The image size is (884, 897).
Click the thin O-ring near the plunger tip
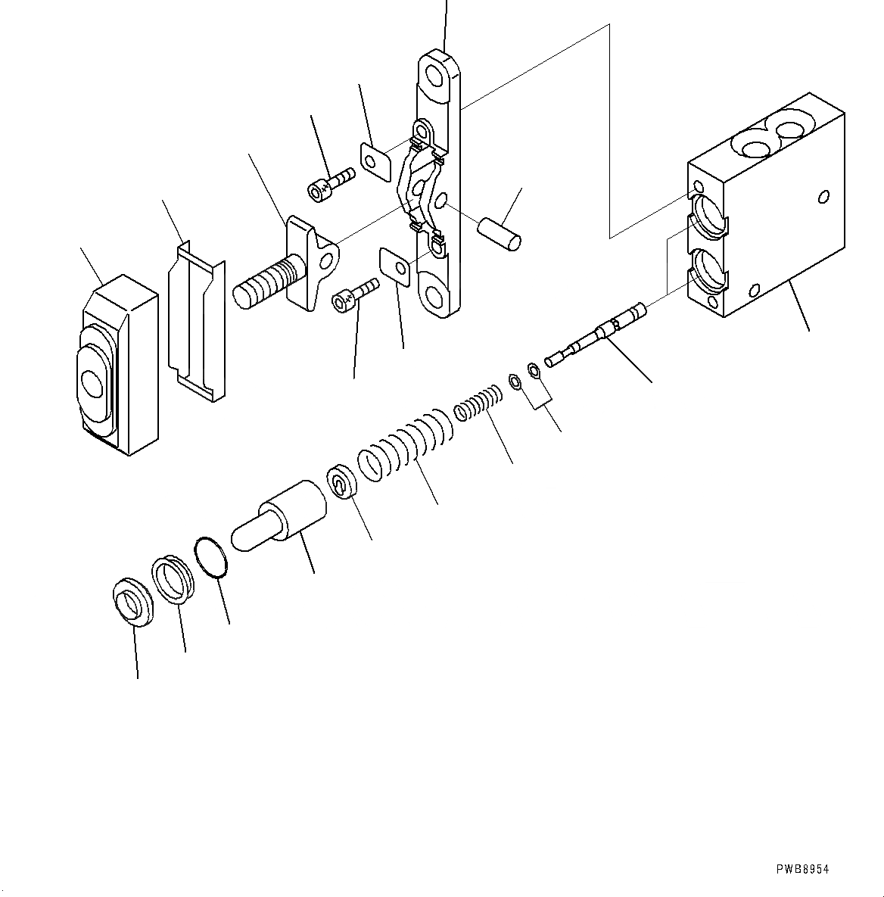(x=211, y=559)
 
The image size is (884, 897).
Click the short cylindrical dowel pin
(x=500, y=232)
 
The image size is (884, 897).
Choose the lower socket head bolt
(x=353, y=294)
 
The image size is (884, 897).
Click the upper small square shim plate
(x=375, y=160)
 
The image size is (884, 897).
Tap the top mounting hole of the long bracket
(x=438, y=76)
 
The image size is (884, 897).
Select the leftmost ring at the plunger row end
(x=133, y=601)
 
